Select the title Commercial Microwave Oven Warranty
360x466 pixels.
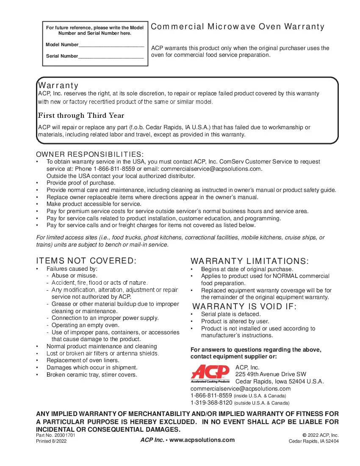coord(238,27)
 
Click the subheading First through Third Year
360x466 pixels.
coord(81,116)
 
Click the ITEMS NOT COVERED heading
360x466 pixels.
coord(86,261)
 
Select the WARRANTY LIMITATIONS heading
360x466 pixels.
coord(250,261)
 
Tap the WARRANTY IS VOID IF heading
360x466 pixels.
coord(245,307)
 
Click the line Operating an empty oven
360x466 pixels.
coord(85,325)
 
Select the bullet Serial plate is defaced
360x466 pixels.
coord(231,314)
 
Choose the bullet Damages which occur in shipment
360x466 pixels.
coord(92,368)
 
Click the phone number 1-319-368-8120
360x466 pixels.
coord(211,402)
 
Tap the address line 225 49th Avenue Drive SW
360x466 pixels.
coord(271,374)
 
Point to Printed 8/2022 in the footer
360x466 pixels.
coord(51,441)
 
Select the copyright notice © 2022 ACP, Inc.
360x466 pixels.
coord(321,435)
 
